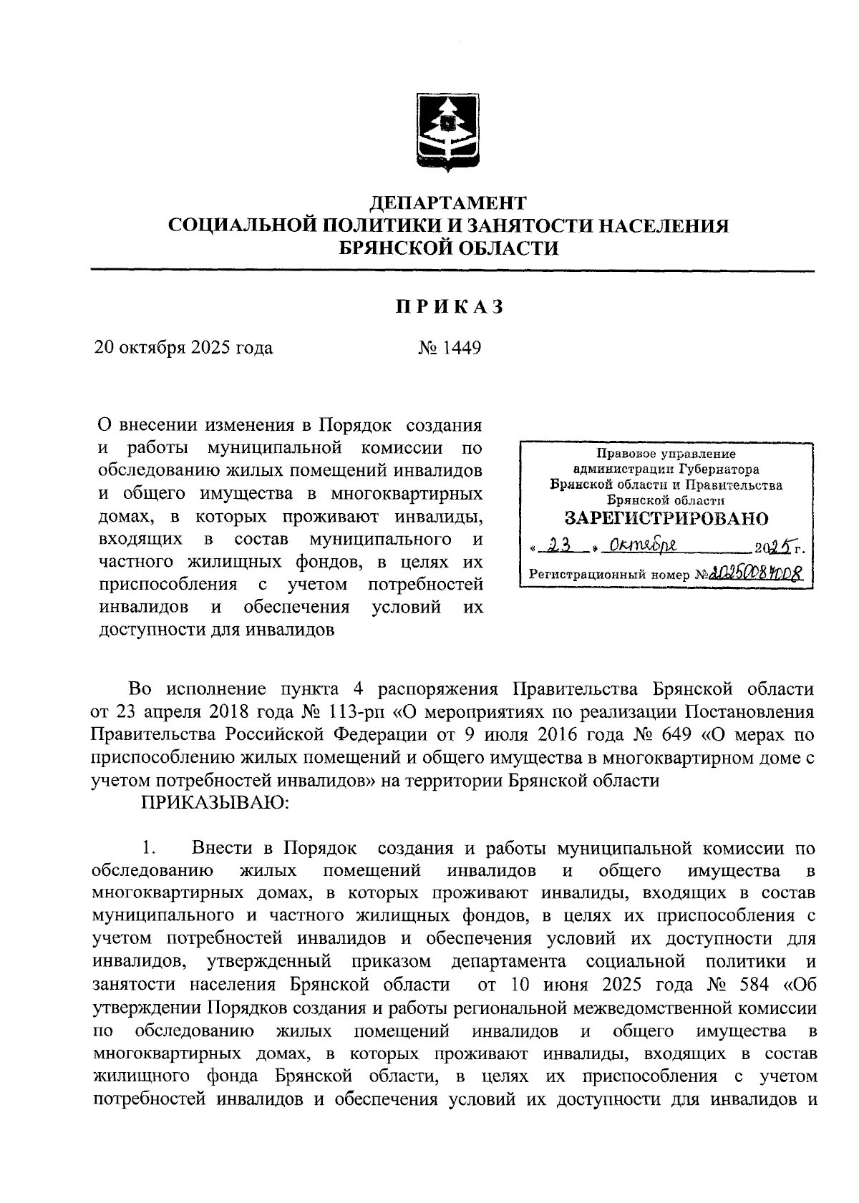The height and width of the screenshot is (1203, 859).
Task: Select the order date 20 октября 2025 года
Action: pyautogui.click(x=184, y=348)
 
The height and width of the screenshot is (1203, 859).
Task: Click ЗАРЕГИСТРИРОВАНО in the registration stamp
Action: pyautogui.click(x=666, y=518)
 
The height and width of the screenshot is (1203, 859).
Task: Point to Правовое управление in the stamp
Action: pyautogui.click(x=666, y=453)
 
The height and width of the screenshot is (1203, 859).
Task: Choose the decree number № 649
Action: pyautogui.click(x=662, y=735)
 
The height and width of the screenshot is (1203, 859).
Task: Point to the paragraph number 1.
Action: pyautogui.click(x=149, y=848)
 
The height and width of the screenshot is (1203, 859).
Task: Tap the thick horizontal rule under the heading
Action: pyautogui.click(x=452, y=271)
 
